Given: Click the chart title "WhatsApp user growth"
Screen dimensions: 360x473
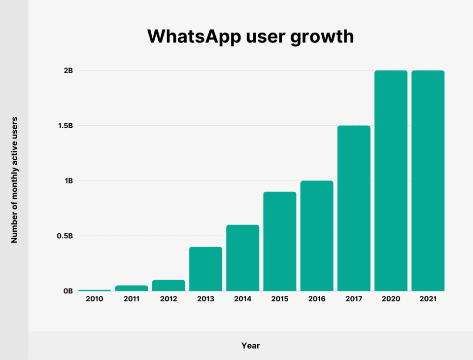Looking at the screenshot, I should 250,36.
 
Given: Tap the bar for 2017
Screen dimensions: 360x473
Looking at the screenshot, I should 354,208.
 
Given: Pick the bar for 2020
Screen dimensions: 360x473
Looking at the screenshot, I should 391,180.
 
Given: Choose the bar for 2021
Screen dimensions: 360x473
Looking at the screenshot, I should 428,180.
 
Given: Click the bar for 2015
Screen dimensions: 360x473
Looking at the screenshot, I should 279,241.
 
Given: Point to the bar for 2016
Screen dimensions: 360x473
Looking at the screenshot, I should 317,236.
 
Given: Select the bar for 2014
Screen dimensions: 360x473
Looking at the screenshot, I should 242,258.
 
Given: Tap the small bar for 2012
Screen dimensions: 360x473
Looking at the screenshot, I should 169,286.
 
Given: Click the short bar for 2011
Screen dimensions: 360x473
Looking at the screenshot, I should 132,288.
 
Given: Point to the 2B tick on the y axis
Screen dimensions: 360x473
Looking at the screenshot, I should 68,71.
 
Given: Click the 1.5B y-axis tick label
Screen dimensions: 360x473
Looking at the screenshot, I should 66,126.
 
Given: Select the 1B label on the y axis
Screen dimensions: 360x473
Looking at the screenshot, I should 68,181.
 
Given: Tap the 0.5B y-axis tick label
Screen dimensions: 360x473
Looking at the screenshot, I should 66,236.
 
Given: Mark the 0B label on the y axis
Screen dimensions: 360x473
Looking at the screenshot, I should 68,291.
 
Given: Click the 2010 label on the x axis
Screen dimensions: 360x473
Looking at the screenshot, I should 95,299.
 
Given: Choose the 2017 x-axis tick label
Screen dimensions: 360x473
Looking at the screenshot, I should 354,299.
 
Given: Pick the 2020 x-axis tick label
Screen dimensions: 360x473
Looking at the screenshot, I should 391,299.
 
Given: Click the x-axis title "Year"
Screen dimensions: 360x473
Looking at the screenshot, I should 250,346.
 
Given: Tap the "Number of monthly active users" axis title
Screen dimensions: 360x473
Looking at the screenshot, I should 14,180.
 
